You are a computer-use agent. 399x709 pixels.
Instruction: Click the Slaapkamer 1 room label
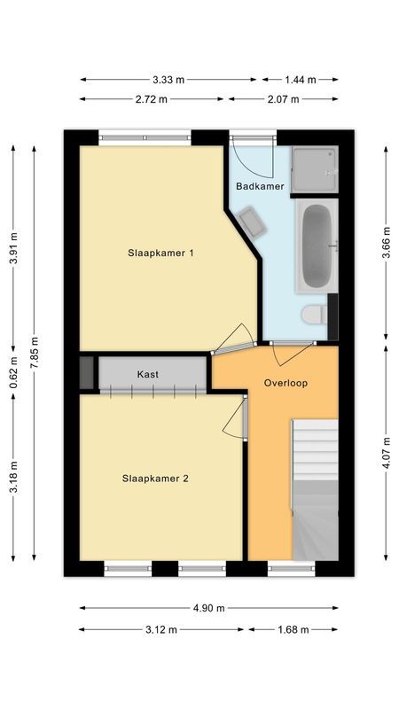tap(160, 253)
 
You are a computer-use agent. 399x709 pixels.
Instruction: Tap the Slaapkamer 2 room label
tap(155, 479)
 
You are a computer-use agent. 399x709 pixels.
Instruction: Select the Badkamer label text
tap(260, 186)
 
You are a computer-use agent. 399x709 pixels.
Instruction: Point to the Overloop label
tap(286, 383)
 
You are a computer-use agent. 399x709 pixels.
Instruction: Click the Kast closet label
tap(148, 375)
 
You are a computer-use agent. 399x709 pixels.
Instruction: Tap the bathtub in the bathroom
tap(317, 245)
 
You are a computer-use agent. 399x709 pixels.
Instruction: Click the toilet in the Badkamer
tap(313, 315)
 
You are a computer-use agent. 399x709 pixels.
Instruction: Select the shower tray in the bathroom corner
tap(316, 170)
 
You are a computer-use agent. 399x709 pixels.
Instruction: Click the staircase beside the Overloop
tap(315, 487)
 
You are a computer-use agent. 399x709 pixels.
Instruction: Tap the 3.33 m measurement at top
tap(168, 79)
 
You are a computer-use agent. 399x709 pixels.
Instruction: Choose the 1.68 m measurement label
tap(292, 630)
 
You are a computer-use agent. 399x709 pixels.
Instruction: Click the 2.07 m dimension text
tap(282, 99)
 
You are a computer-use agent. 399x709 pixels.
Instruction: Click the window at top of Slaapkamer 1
tap(145, 137)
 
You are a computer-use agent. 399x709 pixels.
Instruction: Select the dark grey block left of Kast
tap(86, 372)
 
